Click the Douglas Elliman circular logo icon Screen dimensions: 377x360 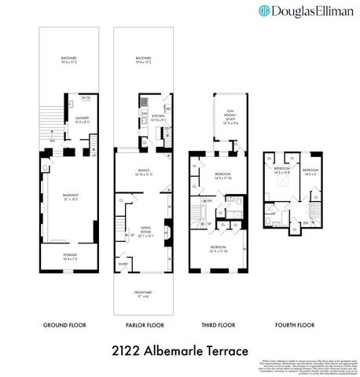coord(264,11)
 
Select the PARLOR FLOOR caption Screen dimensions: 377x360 coord(145,324)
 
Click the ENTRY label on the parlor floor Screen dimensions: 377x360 coord(123,264)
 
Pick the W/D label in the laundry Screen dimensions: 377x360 coord(85,99)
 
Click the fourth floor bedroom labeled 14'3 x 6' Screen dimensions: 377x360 coord(310,171)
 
